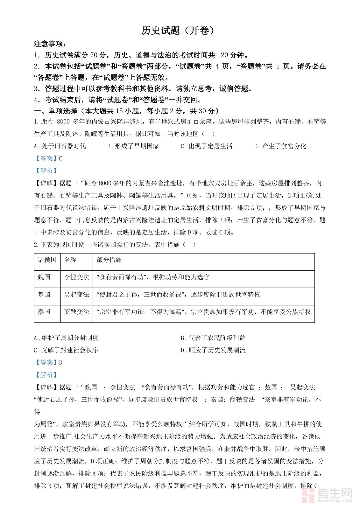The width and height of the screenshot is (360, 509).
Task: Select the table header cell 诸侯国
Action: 47,260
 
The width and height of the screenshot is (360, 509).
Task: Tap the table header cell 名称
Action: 70,260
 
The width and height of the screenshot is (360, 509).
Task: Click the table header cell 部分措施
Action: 109,260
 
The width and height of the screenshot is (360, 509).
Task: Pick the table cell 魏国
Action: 44,277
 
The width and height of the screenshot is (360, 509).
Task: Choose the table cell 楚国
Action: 44,295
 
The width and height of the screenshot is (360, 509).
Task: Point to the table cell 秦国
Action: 44,312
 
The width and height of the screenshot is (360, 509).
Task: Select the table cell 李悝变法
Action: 76,277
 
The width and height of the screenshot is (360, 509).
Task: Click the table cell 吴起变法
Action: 76,295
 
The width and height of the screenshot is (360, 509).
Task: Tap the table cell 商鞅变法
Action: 76,312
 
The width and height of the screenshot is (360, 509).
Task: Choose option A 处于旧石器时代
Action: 60,146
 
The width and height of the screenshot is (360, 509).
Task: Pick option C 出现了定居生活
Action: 207,146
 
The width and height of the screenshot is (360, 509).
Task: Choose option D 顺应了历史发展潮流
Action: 213,350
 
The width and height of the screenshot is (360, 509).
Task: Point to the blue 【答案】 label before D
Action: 46,363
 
